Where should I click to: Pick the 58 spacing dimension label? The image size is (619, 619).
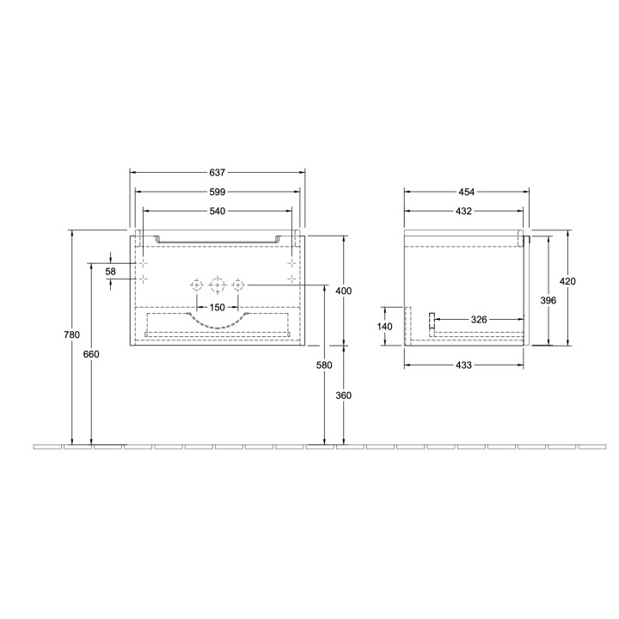[111, 271]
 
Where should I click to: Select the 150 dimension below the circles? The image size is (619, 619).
[218, 307]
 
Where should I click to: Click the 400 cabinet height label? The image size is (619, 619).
[343, 291]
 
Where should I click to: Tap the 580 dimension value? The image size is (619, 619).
[324, 365]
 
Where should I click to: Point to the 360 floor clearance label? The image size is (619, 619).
[343, 395]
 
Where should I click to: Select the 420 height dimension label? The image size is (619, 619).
[567, 281]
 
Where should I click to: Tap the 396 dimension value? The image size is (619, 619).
[548, 300]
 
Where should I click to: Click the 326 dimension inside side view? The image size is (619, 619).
[479, 320]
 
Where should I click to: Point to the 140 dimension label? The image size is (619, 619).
[384, 327]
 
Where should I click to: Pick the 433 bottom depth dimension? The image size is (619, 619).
[464, 365]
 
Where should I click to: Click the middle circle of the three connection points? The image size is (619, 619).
[218, 285]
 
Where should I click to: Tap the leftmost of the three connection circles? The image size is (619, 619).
[197, 285]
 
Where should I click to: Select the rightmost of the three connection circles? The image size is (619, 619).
[238, 285]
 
